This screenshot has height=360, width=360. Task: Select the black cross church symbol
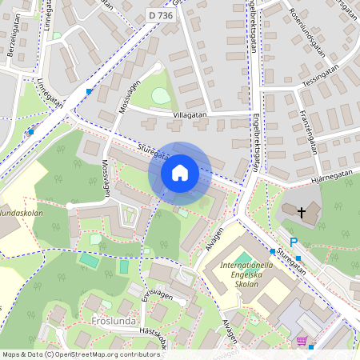[302, 213]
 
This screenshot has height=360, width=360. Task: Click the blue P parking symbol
[293, 242]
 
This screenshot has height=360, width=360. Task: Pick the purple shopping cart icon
[302, 341]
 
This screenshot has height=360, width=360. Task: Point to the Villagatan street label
[189, 115]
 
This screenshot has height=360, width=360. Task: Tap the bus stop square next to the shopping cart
[310, 347]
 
